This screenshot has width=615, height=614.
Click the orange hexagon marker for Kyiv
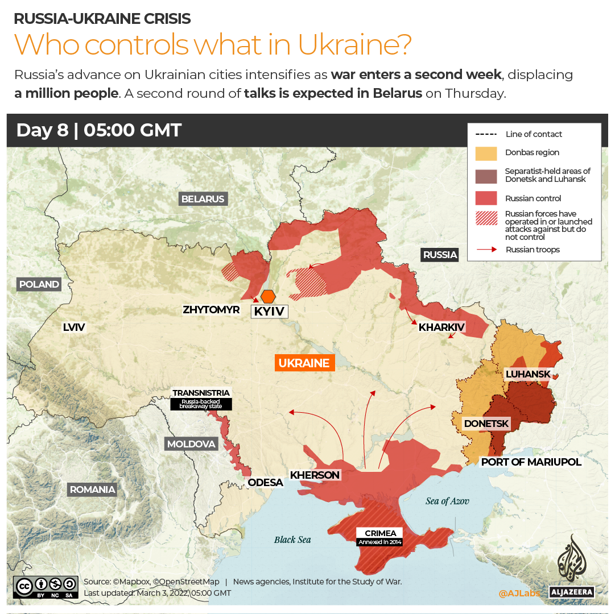pyautogui.click(x=269, y=296)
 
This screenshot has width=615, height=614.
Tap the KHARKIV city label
pyautogui.click(x=441, y=327)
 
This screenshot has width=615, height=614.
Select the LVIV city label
pyautogui.click(x=74, y=327)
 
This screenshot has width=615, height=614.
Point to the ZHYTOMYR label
pyautogui.click(x=211, y=310)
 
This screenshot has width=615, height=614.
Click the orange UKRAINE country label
pyautogui.click(x=304, y=363)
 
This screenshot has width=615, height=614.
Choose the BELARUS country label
pyautogui.click(x=203, y=199)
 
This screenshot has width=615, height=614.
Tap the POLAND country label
pyautogui.click(x=39, y=284)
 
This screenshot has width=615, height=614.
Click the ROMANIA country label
pyautogui.click(x=92, y=489)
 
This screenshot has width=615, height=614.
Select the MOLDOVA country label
pyautogui.click(x=191, y=444)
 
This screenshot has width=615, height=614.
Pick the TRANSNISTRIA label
pyautogui.click(x=201, y=393)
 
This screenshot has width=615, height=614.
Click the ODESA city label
pyautogui.click(x=265, y=483)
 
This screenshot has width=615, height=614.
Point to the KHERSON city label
pyautogui.click(x=315, y=475)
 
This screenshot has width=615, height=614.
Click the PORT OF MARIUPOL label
pyautogui.click(x=531, y=462)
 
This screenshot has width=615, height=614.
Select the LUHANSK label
pyautogui.click(x=528, y=374)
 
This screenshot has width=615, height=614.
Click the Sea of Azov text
pyautogui.click(x=447, y=501)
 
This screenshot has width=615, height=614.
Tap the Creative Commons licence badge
pyautogui.click(x=46, y=587)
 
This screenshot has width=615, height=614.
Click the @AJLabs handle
pyautogui.click(x=518, y=593)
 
